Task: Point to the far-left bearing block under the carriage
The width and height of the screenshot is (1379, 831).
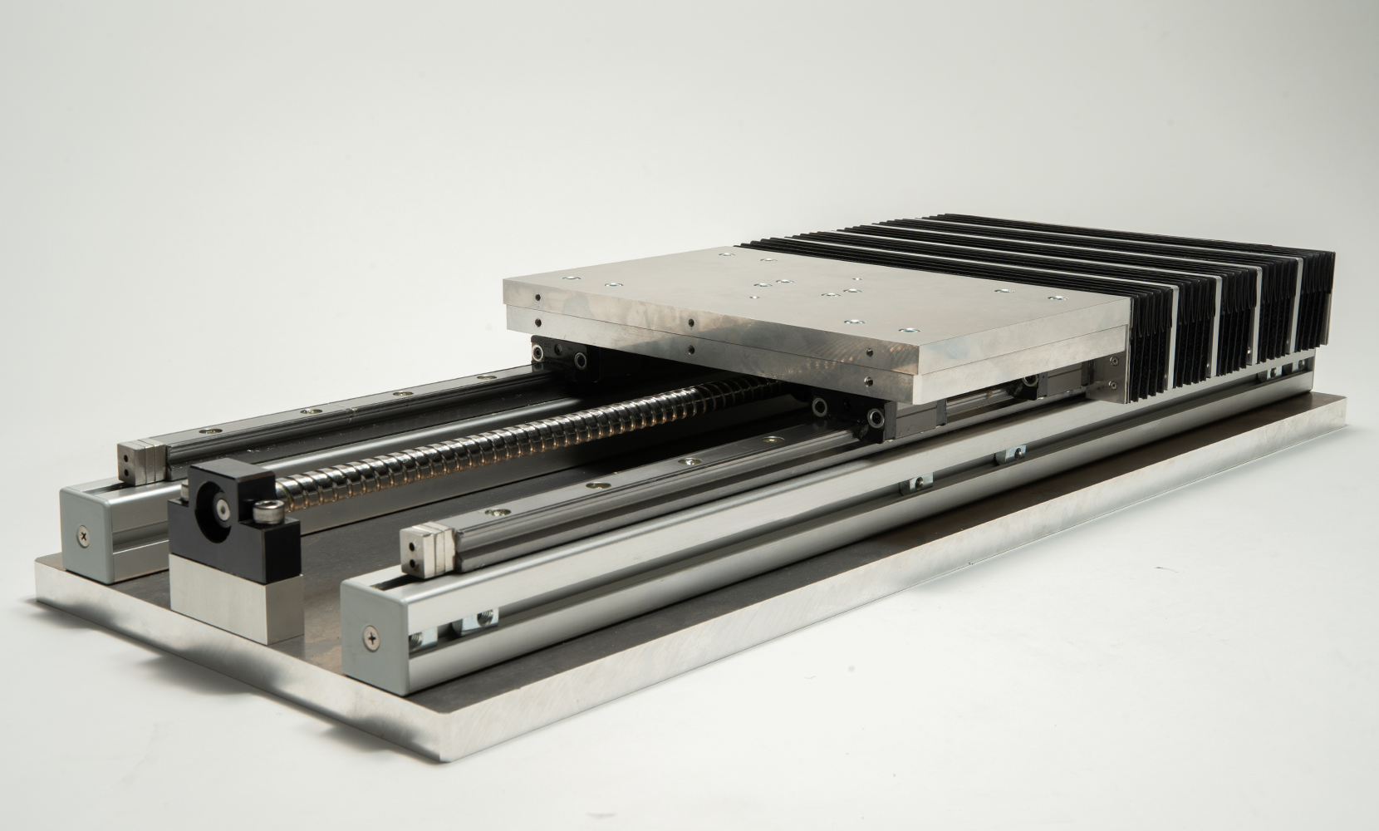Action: tap(562, 356)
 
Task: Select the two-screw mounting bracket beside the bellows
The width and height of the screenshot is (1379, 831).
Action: tap(1112, 373)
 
